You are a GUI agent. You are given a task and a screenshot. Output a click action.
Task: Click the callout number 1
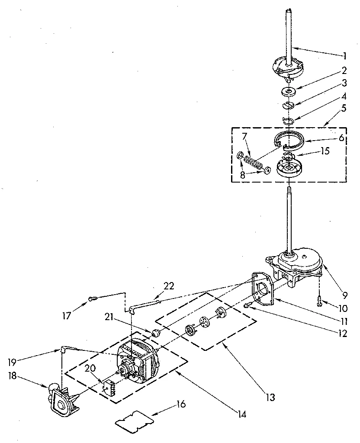pos(344,55)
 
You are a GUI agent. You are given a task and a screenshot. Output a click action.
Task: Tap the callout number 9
pos(345,296)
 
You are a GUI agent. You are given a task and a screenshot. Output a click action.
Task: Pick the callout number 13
pos(270,397)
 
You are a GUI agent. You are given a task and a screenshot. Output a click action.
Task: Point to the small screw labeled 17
pos(93,298)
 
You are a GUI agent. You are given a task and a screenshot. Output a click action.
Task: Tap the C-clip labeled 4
pos(288,119)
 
